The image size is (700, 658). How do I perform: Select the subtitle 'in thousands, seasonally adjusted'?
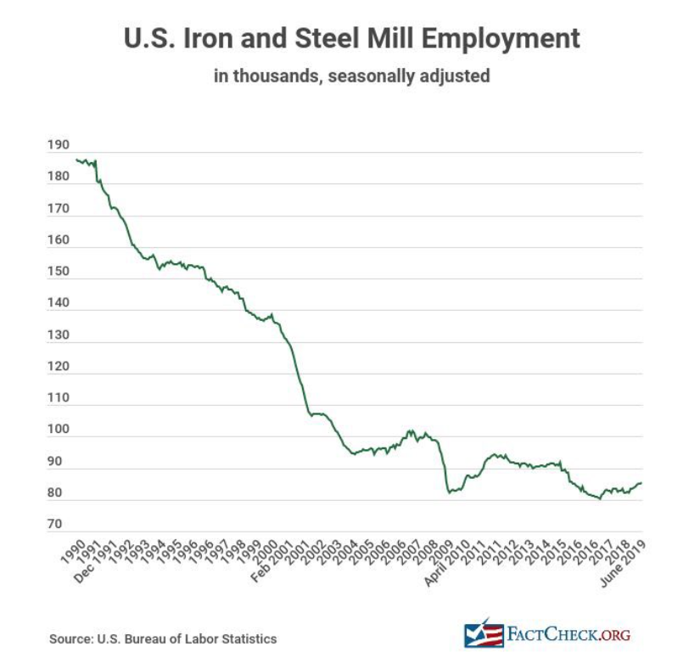click(x=351, y=76)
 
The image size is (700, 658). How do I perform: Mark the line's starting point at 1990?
click(x=76, y=159)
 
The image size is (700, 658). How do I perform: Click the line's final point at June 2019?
click(x=641, y=482)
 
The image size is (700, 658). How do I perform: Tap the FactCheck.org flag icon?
click(x=482, y=633)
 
